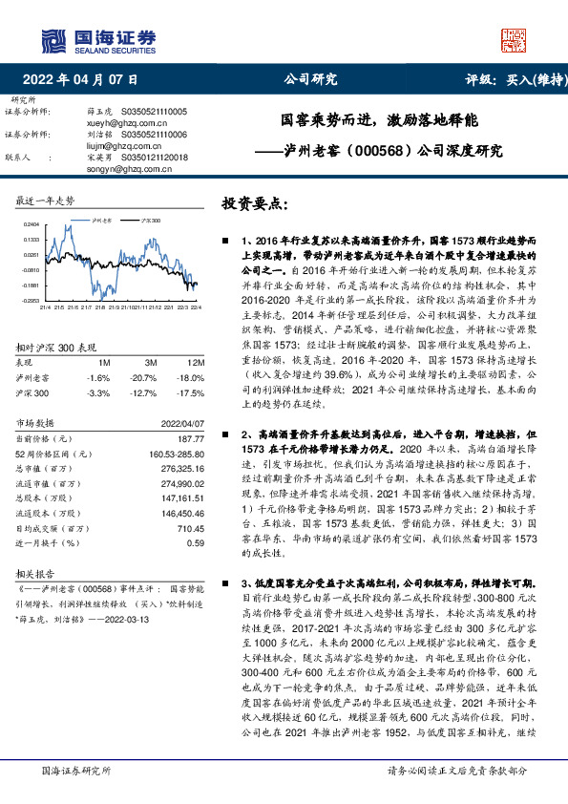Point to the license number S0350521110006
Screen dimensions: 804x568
(x=153, y=135)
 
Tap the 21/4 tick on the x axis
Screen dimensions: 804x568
(x=45, y=307)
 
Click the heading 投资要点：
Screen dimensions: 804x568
(x=254, y=203)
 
